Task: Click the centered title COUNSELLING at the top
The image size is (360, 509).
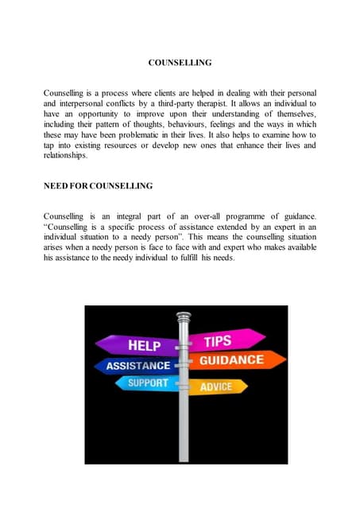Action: click(180, 61)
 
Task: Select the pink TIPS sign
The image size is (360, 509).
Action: click(218, 341)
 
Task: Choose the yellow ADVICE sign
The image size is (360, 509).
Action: click(215, 387)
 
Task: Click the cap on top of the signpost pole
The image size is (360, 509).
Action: click(184, 317)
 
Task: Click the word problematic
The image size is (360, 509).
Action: click(148, 135)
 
